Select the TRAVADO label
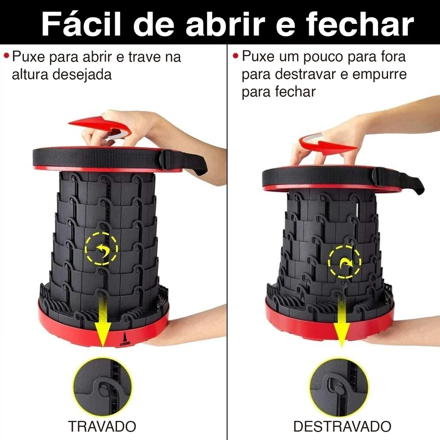[102, 426]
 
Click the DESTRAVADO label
[342, 426]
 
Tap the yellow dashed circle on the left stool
[101, 249]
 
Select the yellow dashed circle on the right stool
[344, 262]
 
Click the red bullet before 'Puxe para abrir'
[6, 55]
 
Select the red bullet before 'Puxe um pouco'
[236, 55]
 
